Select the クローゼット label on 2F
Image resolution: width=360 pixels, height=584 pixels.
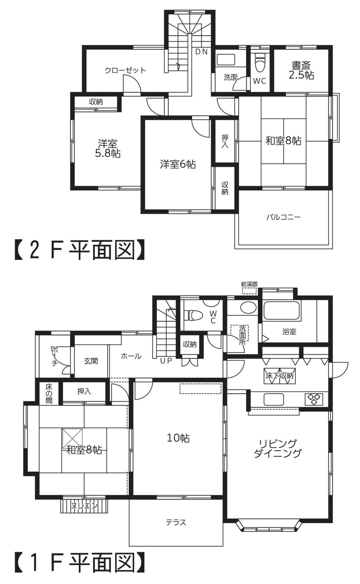[x=125, y=70]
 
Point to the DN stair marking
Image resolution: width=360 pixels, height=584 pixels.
[x=202, y=52]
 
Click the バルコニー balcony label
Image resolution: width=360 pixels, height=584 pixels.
[x=284, y=217]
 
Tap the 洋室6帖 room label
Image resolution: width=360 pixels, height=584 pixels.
[x=178, y=165]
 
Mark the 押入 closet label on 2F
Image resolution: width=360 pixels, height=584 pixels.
[x=225, y=141]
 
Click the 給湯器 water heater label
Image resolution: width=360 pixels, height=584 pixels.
[x=250, y=284]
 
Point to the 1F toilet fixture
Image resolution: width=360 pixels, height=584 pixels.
[x=193, y=315]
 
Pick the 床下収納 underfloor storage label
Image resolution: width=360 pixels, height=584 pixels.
[x=280, y=376]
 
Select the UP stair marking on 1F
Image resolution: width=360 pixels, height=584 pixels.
[x=166, y=361]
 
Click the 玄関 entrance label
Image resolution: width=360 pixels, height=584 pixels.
[x=91, y=361]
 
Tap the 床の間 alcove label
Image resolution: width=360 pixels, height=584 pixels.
[x=49, y=394]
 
